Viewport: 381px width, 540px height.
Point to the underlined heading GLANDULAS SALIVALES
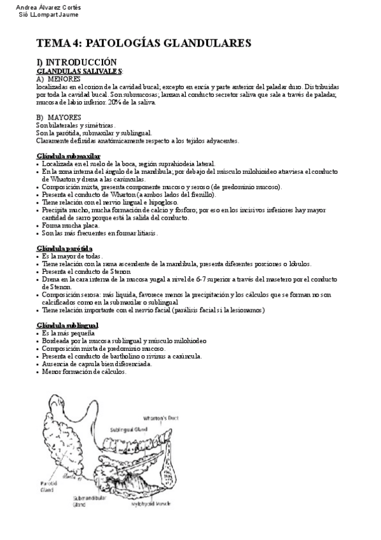79,71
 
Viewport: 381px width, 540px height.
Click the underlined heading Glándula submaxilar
68,155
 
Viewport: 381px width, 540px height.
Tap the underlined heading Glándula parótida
65,248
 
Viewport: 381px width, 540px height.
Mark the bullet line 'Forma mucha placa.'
69,225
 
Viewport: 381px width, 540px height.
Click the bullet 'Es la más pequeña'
68,333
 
